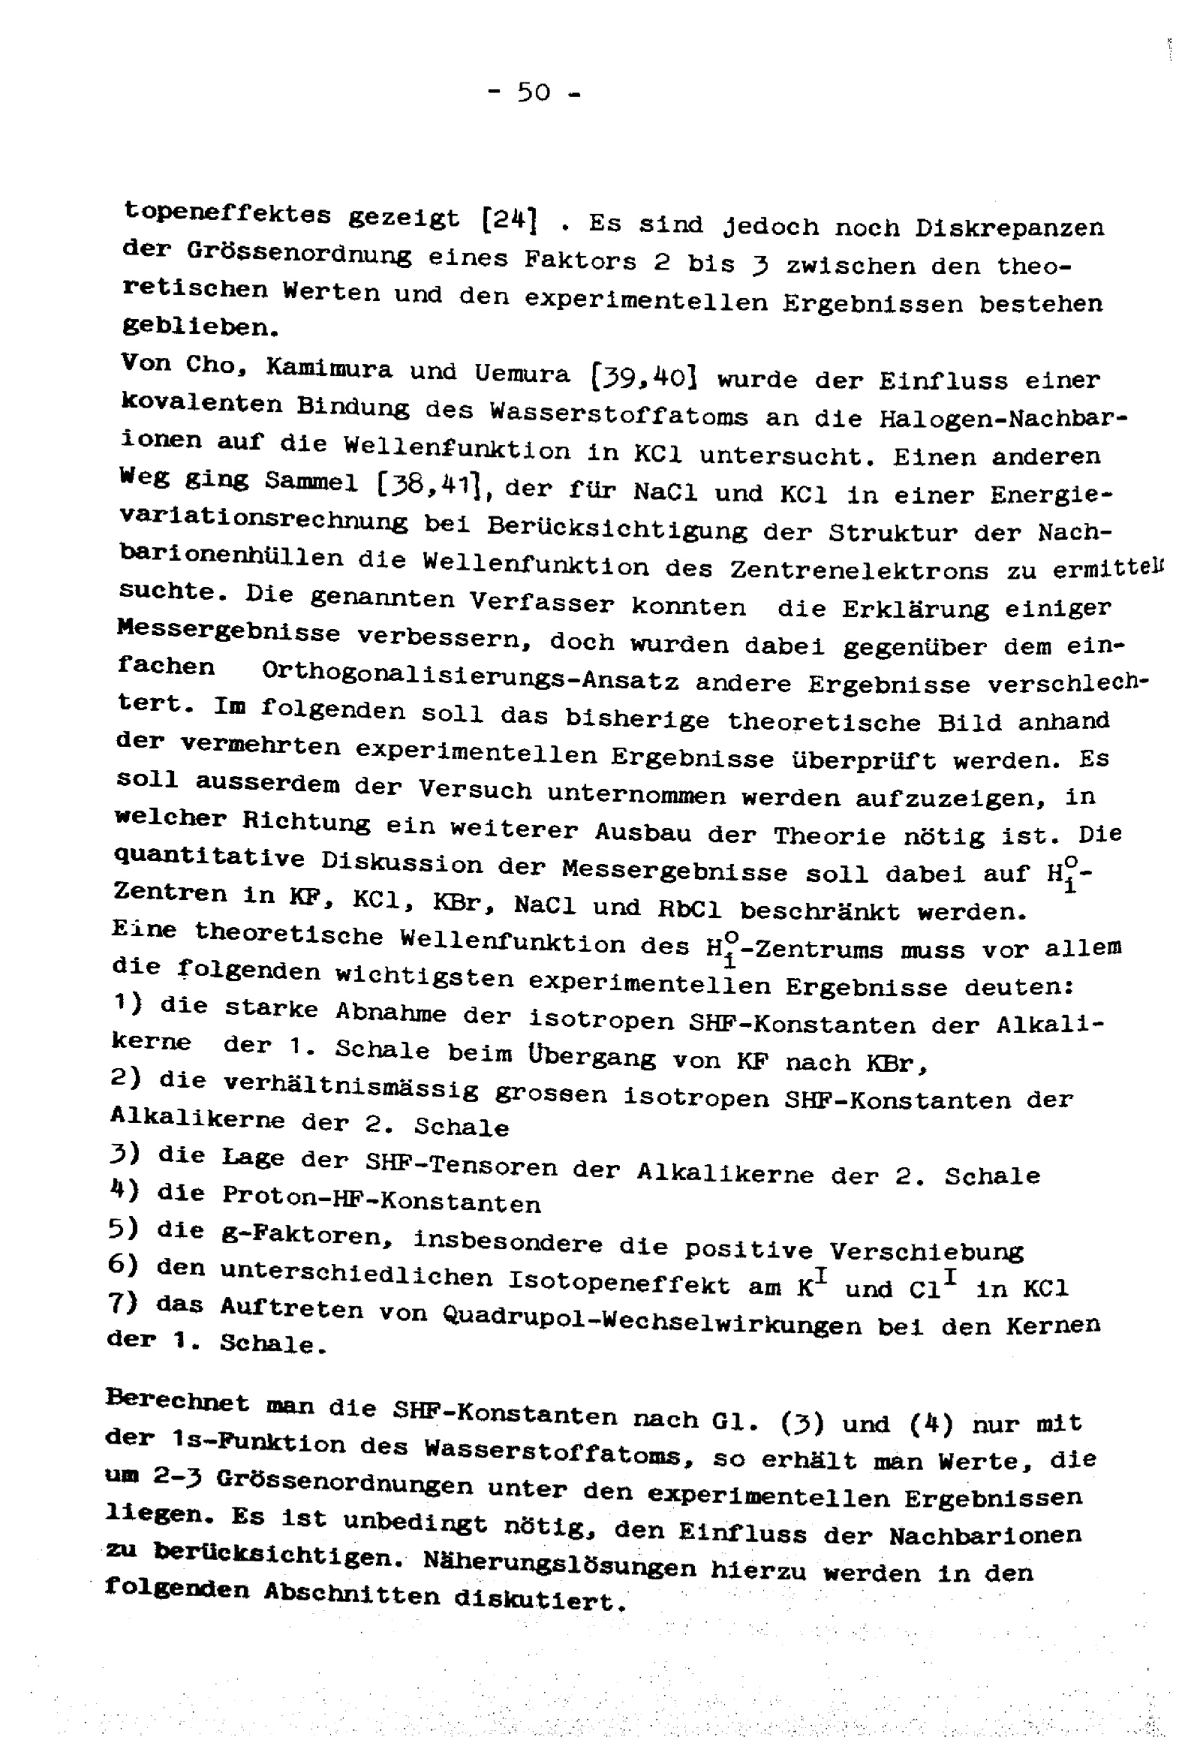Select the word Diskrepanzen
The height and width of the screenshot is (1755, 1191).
(x=1009, y=227)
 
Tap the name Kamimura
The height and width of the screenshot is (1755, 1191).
(x=329, y=368)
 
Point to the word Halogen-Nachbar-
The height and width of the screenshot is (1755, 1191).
(x=1003, y=419)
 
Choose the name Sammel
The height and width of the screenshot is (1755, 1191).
(x=311, y=482)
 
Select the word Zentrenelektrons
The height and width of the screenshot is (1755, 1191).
(x=859, y=570)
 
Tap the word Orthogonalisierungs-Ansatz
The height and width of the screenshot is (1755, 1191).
(x=470, y=677)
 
